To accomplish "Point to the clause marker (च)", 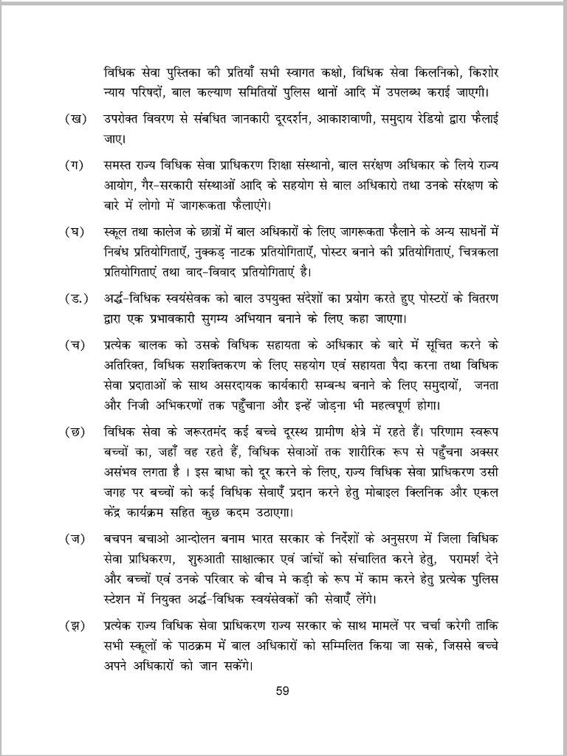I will point(74,346).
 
